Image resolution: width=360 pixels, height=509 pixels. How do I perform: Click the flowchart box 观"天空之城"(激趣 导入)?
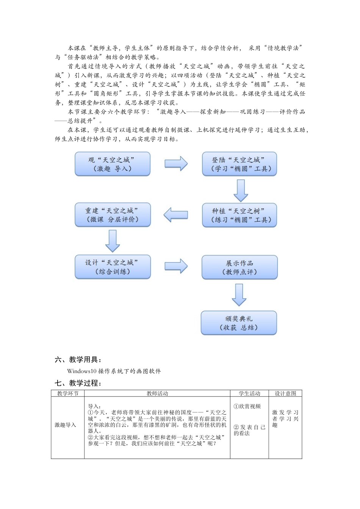click(x=113, y=164)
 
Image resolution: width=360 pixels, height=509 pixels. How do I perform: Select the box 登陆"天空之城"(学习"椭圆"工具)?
click(x=239, y=164)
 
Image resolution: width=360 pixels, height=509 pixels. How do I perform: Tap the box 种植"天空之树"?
click(x=239, y=215)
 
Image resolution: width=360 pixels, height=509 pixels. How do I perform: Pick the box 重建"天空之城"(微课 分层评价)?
click(x=113, y=215)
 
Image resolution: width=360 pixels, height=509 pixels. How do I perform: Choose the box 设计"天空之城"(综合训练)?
click(x=113, y=267)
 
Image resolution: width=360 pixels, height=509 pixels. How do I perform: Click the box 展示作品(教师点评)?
click(x=239, y=267)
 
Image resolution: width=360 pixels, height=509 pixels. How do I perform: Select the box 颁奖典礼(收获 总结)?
click(x=239, y=323)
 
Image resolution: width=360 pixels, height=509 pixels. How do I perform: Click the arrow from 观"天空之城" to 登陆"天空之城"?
click(x=176, y=164)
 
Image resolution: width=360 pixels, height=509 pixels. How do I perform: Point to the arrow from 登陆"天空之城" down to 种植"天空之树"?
click(x=241, y=190)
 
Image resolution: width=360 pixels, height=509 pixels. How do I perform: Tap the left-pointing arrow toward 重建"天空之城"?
click(x=176, y=215)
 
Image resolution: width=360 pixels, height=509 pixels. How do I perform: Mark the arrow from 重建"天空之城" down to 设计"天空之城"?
click(x=113, y=241)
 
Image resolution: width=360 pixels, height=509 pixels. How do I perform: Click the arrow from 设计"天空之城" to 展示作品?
click(x=176, y=266)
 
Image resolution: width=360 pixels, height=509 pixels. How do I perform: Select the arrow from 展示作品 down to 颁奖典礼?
click(x=239, y=295)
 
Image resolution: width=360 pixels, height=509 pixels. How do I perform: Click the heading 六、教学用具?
click(x=78, y=360)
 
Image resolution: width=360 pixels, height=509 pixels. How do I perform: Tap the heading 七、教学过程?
click(x=78, y=383)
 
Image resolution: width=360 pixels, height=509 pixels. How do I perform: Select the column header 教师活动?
click(x=157, y=393)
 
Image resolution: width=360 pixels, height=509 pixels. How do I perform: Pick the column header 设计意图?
click(x=285, y=393)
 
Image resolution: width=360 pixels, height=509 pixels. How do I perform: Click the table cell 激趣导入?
click(x=66, y=425)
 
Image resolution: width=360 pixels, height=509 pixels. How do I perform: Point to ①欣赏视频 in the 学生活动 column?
click(x=247, y=406)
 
